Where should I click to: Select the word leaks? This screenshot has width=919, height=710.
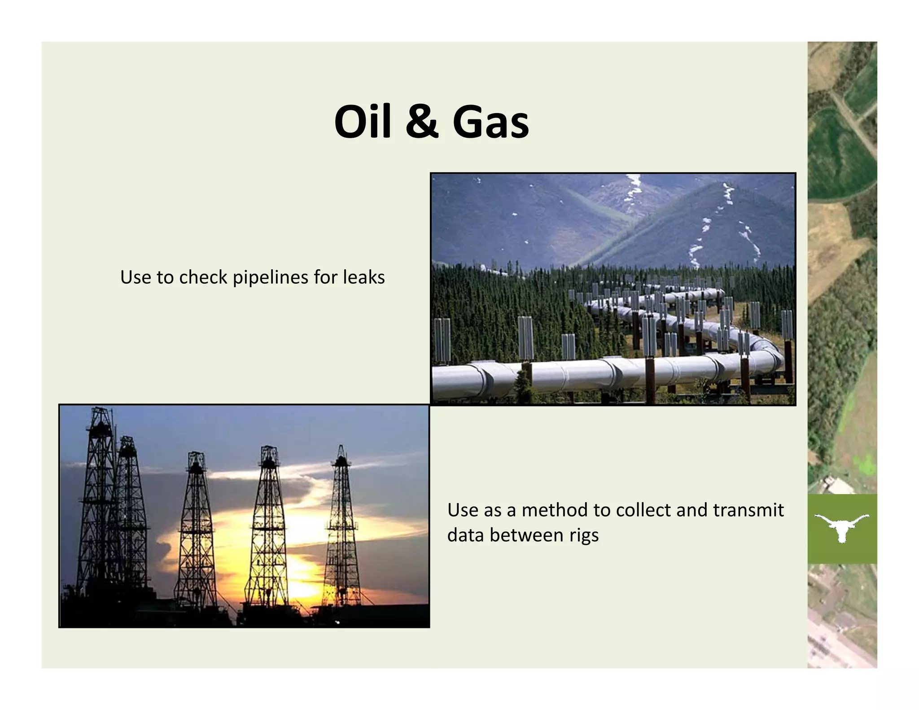click(363, 277)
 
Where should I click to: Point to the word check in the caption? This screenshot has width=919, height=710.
click(203, 277)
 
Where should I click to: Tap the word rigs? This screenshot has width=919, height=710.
click(584, 535)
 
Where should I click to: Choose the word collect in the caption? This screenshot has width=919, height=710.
click(644, 510)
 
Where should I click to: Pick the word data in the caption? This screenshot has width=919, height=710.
click(465, 535)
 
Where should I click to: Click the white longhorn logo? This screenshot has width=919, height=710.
click(841, 528)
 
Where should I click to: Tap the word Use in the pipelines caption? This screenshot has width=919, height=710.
click(136, 277)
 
